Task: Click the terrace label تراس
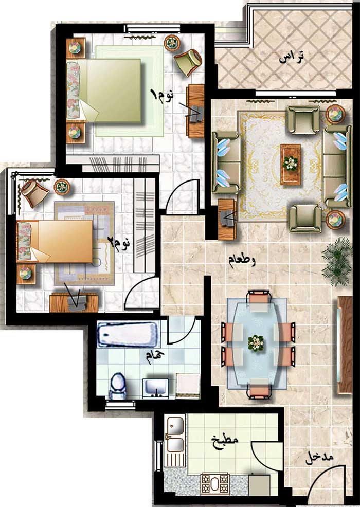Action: pos(292,57)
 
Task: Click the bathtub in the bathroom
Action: pos(128,334)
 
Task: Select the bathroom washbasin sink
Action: pos(156,387)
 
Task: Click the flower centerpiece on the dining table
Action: pos(256,342)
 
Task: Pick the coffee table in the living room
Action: pos(291,164)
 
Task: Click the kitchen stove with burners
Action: pos(215,484)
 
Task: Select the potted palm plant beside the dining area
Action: pos(337,261)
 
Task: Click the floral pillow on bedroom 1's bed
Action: pos(73,90)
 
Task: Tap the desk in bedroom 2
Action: pos(74,303)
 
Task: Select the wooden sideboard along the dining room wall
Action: pos(345,345)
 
